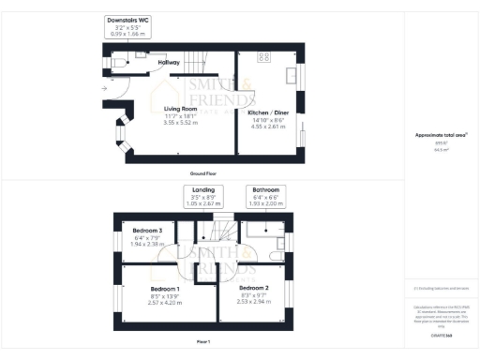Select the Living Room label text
point(181,109)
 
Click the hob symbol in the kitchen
point(263,57)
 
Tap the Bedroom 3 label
point(147,231)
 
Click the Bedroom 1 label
point(165,289)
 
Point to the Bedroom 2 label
point(253,288)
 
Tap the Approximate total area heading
point(439,135)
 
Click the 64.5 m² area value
point(440,149)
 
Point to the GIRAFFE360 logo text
point(441,335)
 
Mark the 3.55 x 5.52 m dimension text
point(181,123)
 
